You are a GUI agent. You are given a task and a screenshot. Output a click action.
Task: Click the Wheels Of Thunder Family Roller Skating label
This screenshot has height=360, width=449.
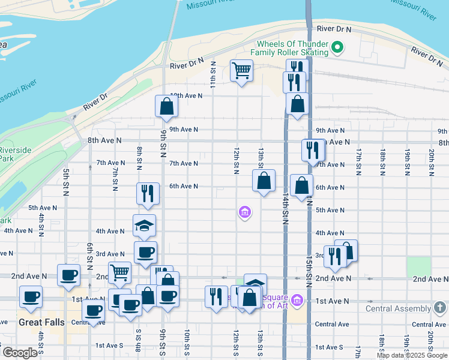point(292,48)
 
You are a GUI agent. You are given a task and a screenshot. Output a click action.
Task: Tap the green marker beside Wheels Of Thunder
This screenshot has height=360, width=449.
point(337,46)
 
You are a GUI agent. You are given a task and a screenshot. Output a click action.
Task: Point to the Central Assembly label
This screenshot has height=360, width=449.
point(399,309)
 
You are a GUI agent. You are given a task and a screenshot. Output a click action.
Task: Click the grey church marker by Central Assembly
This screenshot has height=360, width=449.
point(440,308)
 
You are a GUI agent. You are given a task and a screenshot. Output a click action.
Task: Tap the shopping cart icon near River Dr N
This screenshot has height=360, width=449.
point(241,70)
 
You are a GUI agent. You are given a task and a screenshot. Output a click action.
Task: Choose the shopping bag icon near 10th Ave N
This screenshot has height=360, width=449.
point(166,106)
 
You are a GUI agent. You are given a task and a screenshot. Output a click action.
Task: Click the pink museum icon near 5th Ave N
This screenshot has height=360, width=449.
point(244,212)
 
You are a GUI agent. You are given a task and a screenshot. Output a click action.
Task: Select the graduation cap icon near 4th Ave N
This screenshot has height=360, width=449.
point(144,225)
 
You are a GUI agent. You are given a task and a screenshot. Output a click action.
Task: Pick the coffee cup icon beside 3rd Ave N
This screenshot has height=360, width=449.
point(145,252)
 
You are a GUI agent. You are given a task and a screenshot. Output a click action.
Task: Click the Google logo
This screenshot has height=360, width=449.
point(19,353)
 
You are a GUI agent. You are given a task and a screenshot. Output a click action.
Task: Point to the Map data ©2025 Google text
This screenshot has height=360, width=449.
point(412,355)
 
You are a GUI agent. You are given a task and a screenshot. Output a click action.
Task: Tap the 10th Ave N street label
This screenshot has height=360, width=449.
point(185,95)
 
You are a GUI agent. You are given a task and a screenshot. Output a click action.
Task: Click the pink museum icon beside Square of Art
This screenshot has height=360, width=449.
point(297,299)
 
